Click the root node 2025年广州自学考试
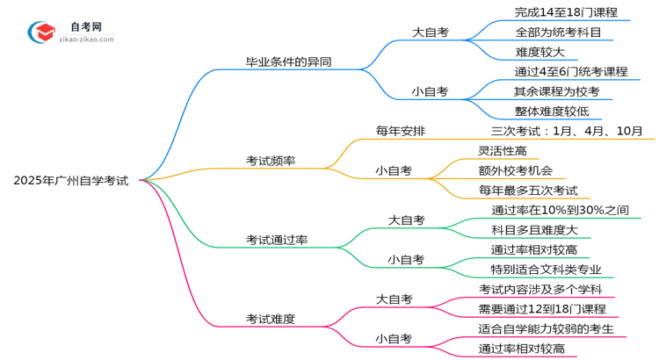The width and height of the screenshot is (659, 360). coord(71,181)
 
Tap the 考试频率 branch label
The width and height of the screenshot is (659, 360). coord(271,161)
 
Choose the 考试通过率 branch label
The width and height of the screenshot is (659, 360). coord(277,240)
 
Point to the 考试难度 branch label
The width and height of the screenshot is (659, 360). coord(271,319)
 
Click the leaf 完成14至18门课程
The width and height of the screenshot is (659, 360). coord(567,12)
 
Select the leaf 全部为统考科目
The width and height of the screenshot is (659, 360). coord(558,32)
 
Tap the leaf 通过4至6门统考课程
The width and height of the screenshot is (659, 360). coord(570,71)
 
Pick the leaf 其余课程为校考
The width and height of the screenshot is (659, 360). coord(556,90)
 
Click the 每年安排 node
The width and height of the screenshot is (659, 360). coord(401,131)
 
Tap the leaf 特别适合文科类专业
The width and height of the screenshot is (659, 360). coord(546,270)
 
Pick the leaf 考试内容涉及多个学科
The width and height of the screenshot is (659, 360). coord(540,289)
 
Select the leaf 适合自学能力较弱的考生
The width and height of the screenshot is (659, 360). coord(552,328)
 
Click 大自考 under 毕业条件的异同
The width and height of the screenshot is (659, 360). coord(431,32)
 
